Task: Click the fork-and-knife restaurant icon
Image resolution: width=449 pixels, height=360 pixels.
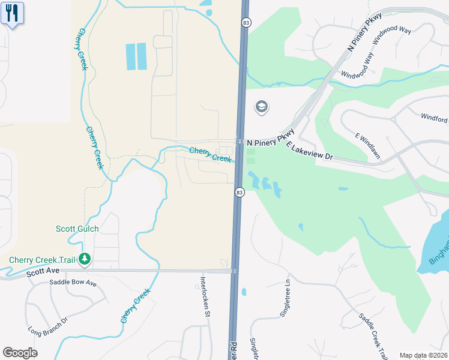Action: (12, 13)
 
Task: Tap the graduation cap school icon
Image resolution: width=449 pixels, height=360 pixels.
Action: (261, 107)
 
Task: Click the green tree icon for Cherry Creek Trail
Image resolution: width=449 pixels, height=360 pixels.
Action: (85, 259)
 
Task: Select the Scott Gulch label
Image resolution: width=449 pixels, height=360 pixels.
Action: (77, 229)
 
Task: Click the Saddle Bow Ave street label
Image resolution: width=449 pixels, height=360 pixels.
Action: (73, 283)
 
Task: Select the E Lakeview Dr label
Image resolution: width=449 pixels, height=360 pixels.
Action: (309, 151)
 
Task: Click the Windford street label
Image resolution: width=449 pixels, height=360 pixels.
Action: (435, 118)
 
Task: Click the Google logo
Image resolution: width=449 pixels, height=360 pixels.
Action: (20, 353)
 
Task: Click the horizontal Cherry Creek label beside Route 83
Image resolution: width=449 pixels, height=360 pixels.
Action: (210, 155)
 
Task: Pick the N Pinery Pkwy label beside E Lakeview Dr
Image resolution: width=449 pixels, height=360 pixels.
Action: (270, 139)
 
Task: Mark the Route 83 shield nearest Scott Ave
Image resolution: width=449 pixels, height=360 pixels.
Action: (240, 192)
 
